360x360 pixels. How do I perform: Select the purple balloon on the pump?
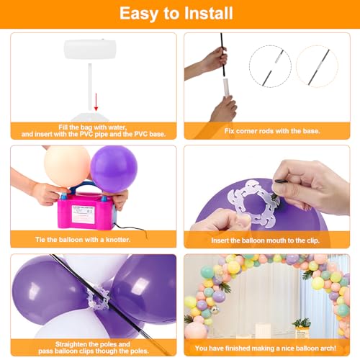coord(113,168)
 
